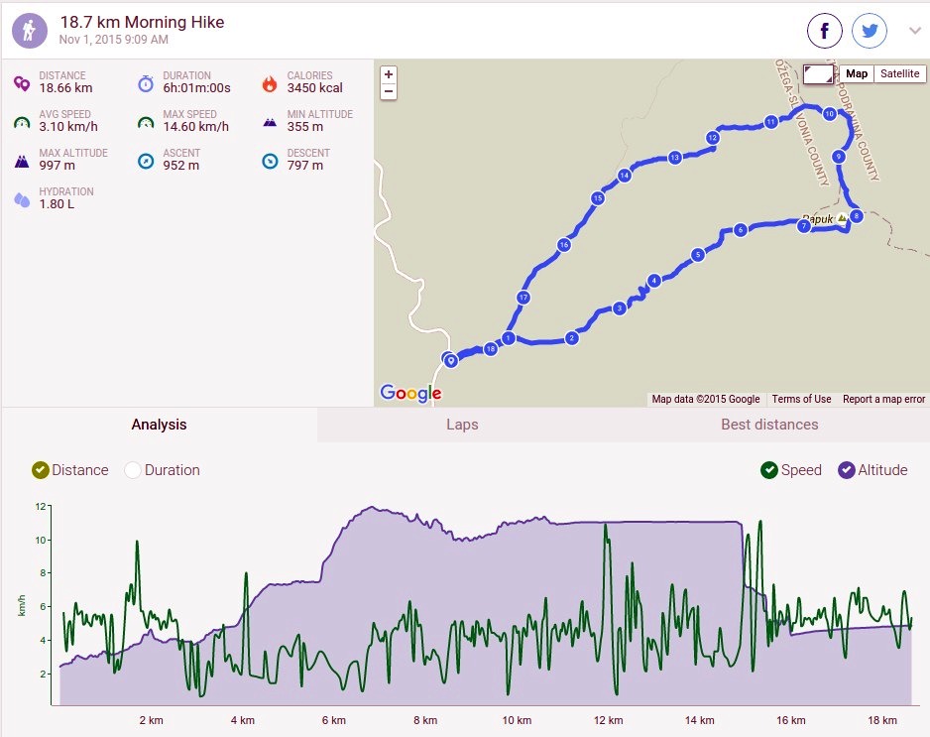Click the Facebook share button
(825, 31)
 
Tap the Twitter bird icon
(870, 31)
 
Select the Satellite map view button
(899, 73)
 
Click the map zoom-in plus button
(389, 74)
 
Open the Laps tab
(462, 425)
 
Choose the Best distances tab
(769, 425)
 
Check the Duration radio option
(133, 470)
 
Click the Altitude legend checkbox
(847, 470)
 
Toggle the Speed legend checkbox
(769, 470)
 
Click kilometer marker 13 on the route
(674, 158)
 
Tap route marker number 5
(698, 255)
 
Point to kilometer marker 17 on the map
(523, 298)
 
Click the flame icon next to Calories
(270, 84)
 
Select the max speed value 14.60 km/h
(195, 126)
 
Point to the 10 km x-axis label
(517, 720)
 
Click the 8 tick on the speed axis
(42, 573)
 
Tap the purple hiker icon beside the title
(30, 31)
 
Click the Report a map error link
(883, 400)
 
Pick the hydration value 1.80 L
(57, 204)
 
